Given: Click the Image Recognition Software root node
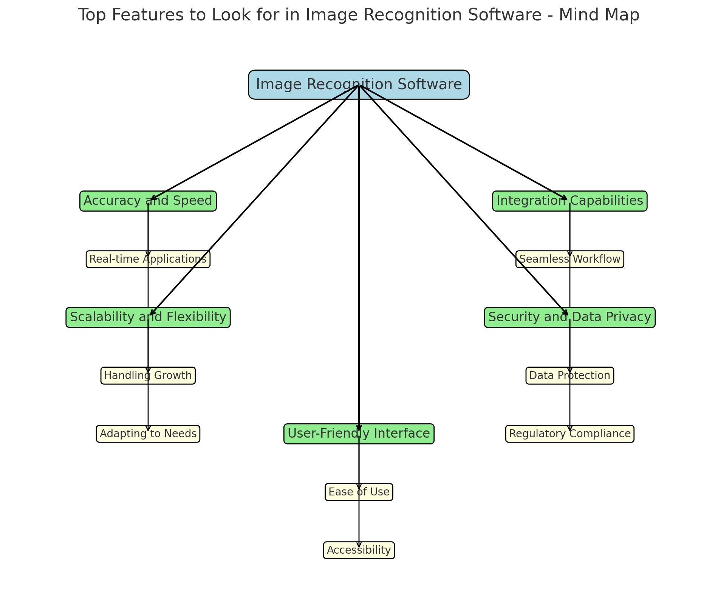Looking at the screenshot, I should [x=359, y=85].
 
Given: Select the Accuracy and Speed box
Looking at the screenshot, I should [x=148, y=201].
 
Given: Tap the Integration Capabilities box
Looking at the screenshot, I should [x=569, y=201].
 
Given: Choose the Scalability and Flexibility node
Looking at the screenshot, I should [x=148, y=317].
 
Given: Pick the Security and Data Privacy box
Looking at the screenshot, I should [x=569, y=317].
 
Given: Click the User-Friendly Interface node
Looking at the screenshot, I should [x=359, y=433].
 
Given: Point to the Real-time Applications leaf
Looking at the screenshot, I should [x=148, y=259].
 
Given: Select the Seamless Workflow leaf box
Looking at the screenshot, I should [x=569, y=259].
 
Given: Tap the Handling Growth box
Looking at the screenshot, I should [x=148, y=376].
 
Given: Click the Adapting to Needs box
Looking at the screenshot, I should [x=148, y=434].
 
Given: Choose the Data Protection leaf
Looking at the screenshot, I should [x=569, y=376].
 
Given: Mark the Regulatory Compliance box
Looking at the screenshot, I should [x=569, y=434].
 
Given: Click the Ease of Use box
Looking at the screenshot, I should [x=359, y=492].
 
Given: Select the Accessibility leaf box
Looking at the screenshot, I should [x=359, y=550].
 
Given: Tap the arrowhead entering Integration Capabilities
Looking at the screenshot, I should [x=565, y=198].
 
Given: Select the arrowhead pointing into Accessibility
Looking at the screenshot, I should [x=359, y=545].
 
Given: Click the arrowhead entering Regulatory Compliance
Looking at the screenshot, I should [x=569, y=429].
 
